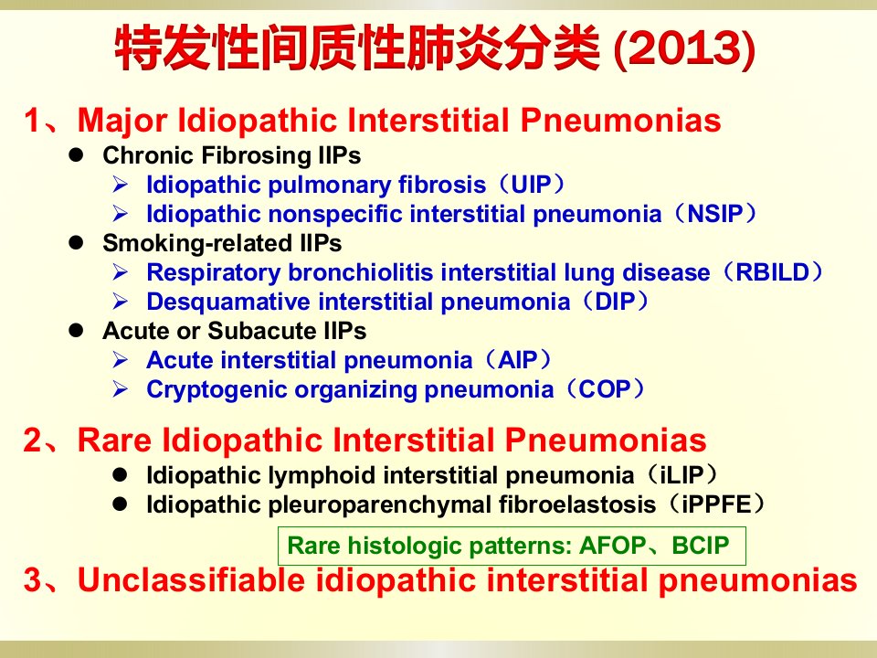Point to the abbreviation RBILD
pyautogui.click(x=773, y=272)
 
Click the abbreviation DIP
pyautogui.click(x=615, y=302)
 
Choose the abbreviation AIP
pyautogui.click(x=518, y=360)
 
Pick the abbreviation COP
pyautogui.click(x=605, y=389)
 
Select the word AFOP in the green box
pyautogui.click(x=613, y=546)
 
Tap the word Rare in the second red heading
pyautogui.click(x=114, y=440)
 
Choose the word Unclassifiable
pyautogui.click(x=191, y=579)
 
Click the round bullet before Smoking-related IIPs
pyautogui.click(x=76, y=243)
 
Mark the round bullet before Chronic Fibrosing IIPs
pyautogui.click(x=76, y=155)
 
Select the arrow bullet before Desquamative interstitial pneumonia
pyautogui.click(x=121, y=302)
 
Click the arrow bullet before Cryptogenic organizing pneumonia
pyautogui.click(x=121, y=389)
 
